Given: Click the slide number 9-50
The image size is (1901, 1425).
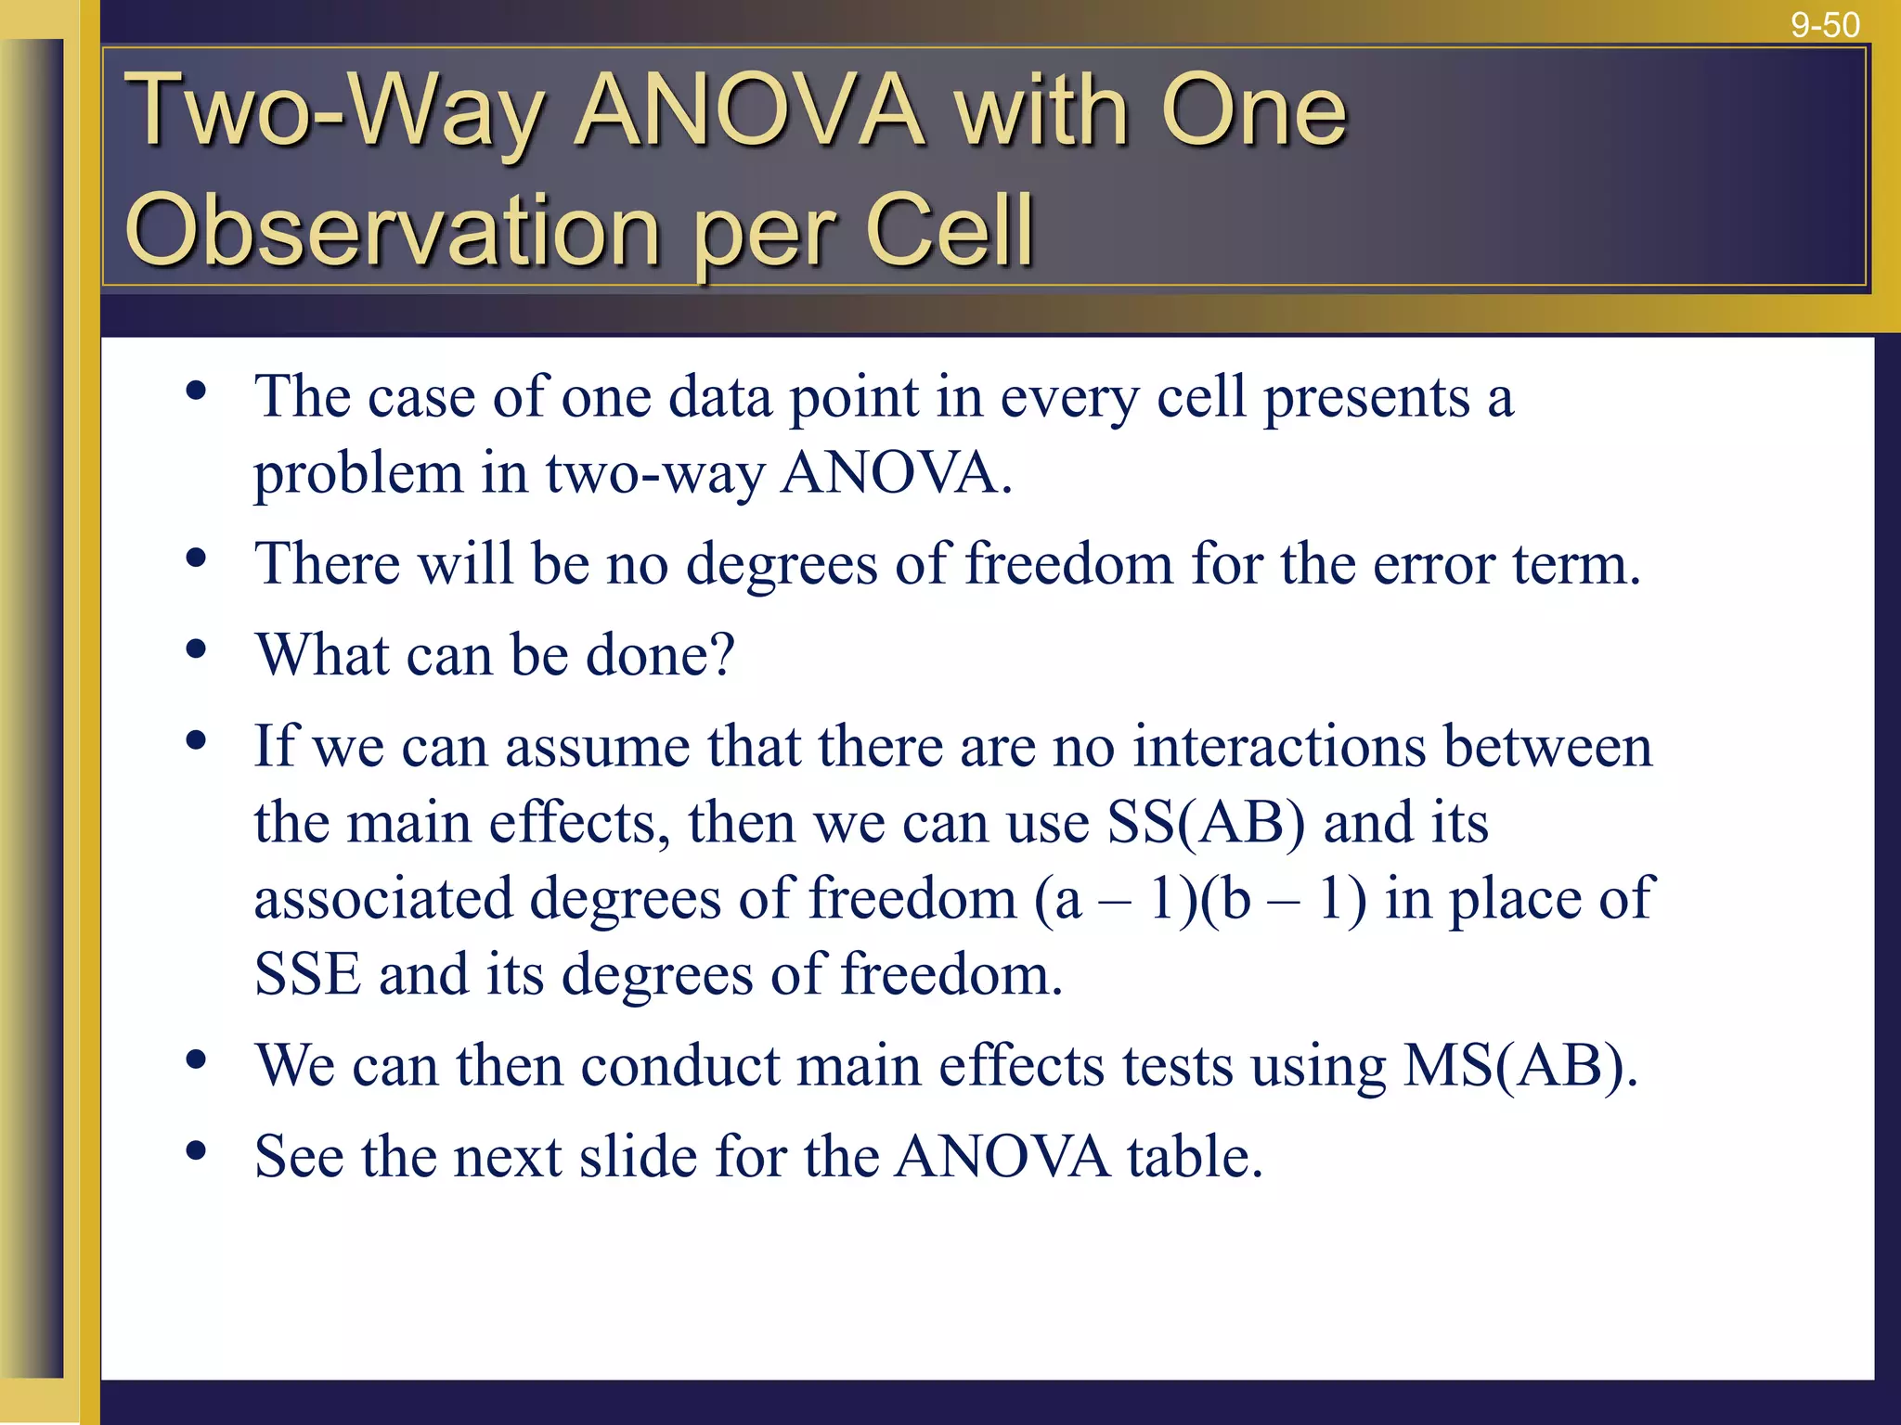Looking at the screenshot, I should click(1824, 25).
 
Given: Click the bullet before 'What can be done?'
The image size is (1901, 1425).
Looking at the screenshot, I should click(196, 649).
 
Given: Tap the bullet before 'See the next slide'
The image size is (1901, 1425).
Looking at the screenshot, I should click(196, 1151).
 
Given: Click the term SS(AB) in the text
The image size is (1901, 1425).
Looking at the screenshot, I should click(1206, 823).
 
